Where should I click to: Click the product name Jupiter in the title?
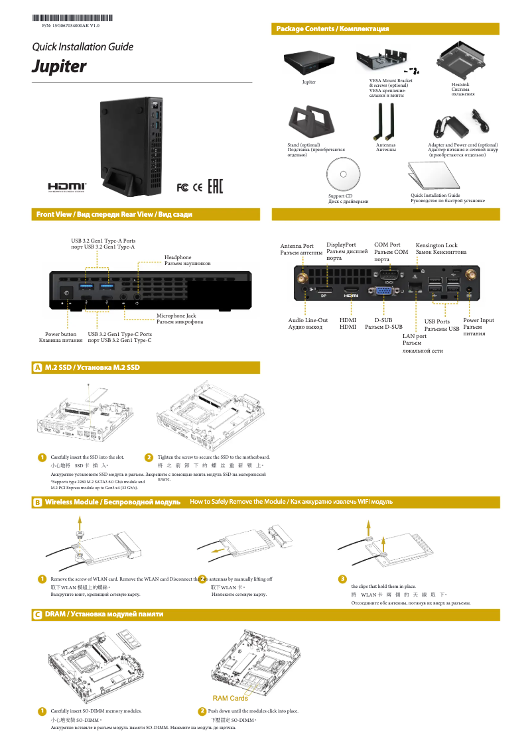pos(60,67)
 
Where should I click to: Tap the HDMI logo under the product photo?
pos(66,186)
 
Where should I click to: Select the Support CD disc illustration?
pos(343,175)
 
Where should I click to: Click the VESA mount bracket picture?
pos(386,62)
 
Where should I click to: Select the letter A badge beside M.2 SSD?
pos(38,368)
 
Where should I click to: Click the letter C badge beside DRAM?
pos(38,615)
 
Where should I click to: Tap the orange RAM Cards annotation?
pos(230,698)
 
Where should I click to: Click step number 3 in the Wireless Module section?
pos(342,579)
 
